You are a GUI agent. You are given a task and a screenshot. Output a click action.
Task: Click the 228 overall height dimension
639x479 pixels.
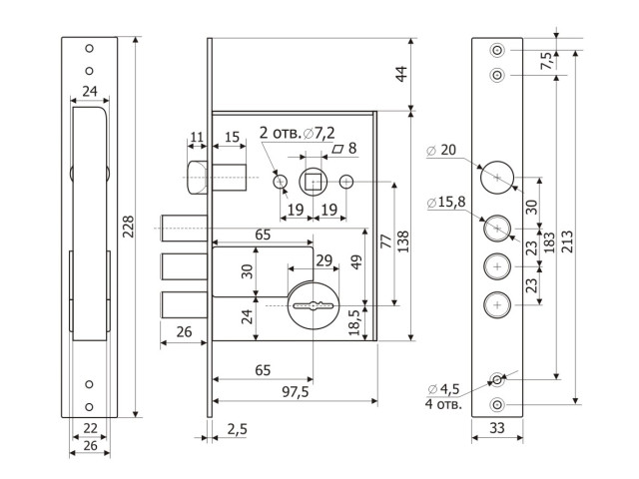pyautogui.click(x=129, y=227)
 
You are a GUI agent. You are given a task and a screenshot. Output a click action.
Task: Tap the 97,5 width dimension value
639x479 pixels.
pyautogui.click(x=296, y=392)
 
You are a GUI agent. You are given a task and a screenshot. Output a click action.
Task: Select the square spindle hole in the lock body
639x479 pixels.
pyautogui.click(x=313, y=182)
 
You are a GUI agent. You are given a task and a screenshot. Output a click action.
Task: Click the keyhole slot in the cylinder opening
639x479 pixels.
pyautogui.click(x=313, y=305)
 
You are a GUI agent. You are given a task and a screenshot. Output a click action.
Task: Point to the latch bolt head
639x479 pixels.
pyautogui.click(x=198, y=178)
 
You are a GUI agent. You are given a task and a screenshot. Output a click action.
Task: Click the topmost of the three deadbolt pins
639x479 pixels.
pyautogui.click(x=185, y=229)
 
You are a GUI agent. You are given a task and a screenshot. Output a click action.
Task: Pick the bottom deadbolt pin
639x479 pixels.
pyautogui.click(x=185, y=304)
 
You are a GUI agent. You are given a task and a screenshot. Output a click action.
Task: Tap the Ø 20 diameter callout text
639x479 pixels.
pyautogui.click(x=441, y=150)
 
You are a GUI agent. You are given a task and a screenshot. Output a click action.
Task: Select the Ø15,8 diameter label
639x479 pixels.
pyautogui.click(x=446, y=202)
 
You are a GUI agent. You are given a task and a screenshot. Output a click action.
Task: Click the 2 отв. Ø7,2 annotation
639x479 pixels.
pyautogui.click(x=298, y=133)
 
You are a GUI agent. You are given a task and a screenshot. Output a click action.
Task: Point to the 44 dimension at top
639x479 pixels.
pyautogui.click(x=401, y=75)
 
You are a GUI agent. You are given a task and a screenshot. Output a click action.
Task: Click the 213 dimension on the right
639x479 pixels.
pyautogui.click(x=567, y=241)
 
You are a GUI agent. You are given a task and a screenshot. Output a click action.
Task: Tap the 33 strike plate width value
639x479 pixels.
pyautogui.click(x=497, y=428)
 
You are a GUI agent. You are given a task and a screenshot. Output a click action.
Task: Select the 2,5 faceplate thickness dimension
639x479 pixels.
pyautogui.click(x=238, y=429)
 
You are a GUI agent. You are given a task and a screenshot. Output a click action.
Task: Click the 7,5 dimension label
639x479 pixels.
pyautogui.click(x=547, y=61)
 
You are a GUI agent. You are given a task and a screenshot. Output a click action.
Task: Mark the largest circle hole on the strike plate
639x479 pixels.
pyautogui.click(x=497, y=178)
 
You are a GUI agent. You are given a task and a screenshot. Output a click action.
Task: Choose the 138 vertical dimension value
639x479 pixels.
pyautogui.click(x=402, y=241)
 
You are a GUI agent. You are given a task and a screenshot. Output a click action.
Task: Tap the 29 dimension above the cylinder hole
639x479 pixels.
pyautogui.click(x=323, y=260)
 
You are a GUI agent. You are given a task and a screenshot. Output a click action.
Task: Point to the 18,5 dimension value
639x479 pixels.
pyautogui.click(x=355, y=322)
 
